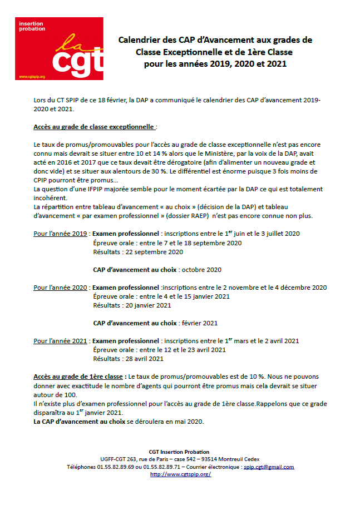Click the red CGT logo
coord(59,48)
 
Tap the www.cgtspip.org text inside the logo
coord(32,76)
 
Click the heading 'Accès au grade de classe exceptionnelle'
coord(92,127)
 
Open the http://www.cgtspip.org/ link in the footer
coord(180,474)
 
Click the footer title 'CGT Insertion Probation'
coord(180,451)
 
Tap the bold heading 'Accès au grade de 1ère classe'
coord(78,377)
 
